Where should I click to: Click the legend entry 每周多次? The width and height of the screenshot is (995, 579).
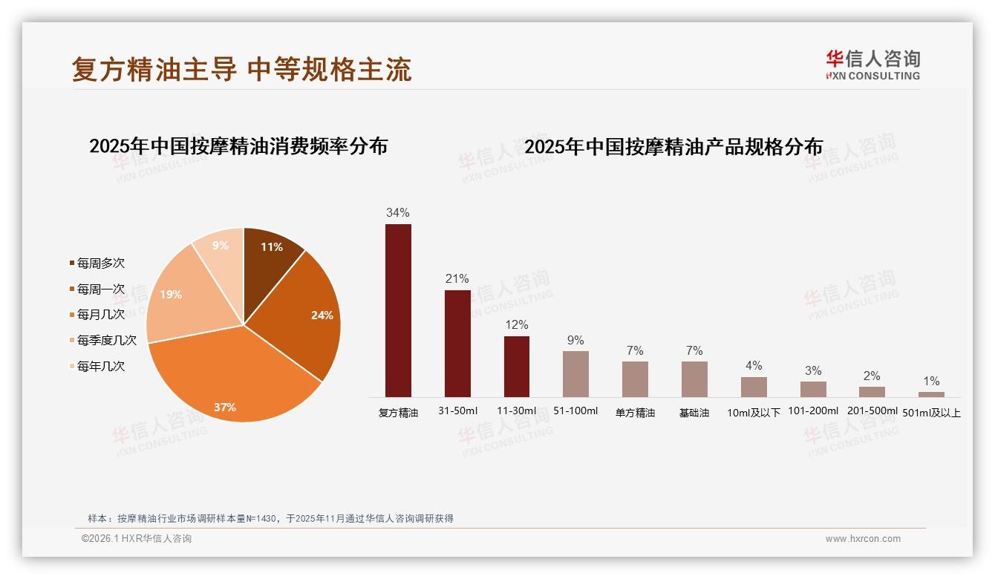(100, 263)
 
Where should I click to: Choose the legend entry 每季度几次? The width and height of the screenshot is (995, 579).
(106, 340)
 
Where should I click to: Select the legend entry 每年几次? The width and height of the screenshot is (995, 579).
(100, 366)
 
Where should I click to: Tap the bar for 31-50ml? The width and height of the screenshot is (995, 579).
(457, 343)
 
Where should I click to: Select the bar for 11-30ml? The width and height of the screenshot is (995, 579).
(517, 367)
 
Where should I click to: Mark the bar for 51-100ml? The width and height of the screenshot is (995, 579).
(575, 374)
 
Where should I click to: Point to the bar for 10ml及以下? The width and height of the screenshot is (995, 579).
(754, 387)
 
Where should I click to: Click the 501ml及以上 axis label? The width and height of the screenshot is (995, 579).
(932, 413)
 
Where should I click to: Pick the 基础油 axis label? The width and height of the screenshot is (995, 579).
(694, 413)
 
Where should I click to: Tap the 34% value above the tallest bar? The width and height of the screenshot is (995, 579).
(398, 213)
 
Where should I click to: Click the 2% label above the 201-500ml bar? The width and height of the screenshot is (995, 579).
(872, 376)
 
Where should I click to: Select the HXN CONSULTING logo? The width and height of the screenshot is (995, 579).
(873, 65)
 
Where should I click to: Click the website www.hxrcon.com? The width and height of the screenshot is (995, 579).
(863, 539)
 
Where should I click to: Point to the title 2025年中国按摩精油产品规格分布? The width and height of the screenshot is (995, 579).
(673, 147)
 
